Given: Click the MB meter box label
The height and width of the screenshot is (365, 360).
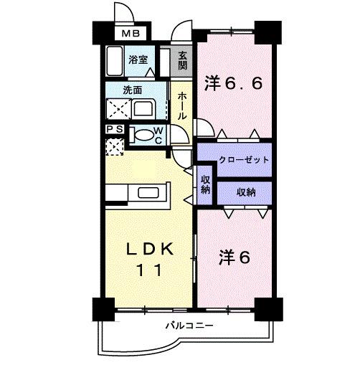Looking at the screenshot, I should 130,34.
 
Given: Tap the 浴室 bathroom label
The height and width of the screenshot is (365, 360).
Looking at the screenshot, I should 138,60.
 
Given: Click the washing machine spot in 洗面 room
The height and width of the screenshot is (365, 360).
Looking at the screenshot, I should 115,109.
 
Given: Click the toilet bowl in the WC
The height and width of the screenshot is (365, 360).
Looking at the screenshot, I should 145,133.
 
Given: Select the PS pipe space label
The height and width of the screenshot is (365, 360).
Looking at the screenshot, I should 113,129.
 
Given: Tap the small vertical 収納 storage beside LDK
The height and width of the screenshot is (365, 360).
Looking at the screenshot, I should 205,184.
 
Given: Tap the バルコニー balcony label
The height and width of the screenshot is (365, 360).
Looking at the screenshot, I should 189,326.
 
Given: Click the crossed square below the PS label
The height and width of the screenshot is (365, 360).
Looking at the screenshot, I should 114,146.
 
